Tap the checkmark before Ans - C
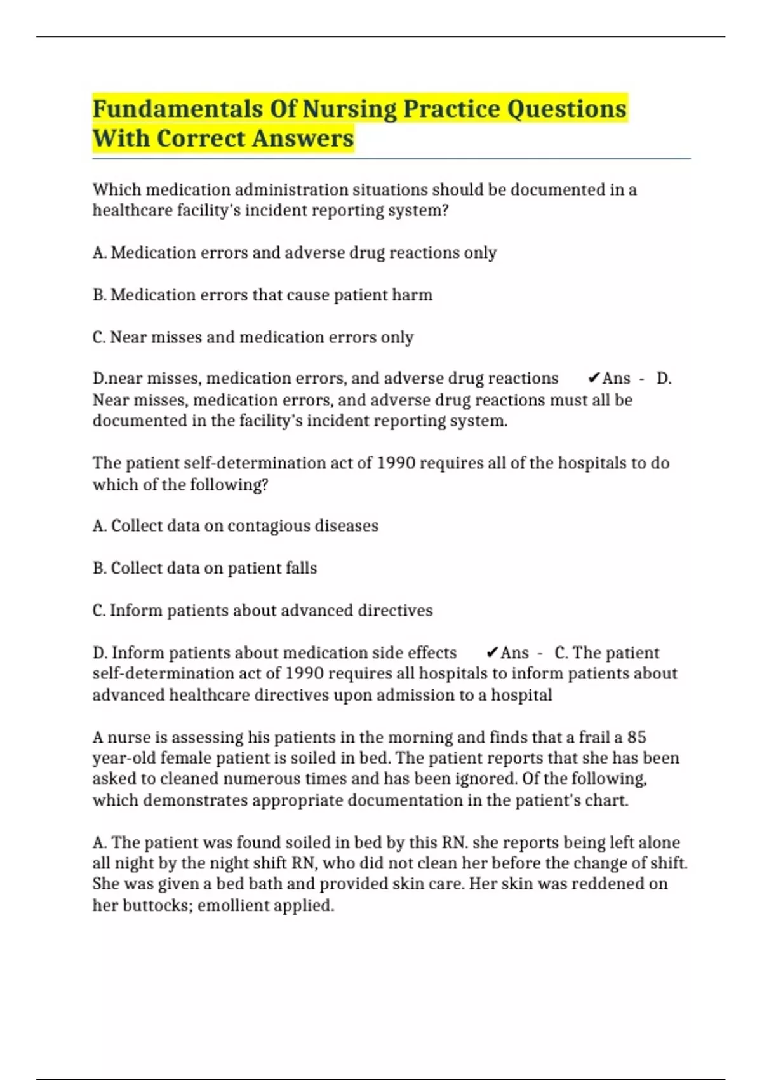(492, 653)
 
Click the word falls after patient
(301, 568)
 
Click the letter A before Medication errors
(99, 253)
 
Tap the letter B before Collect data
(99, 568)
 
